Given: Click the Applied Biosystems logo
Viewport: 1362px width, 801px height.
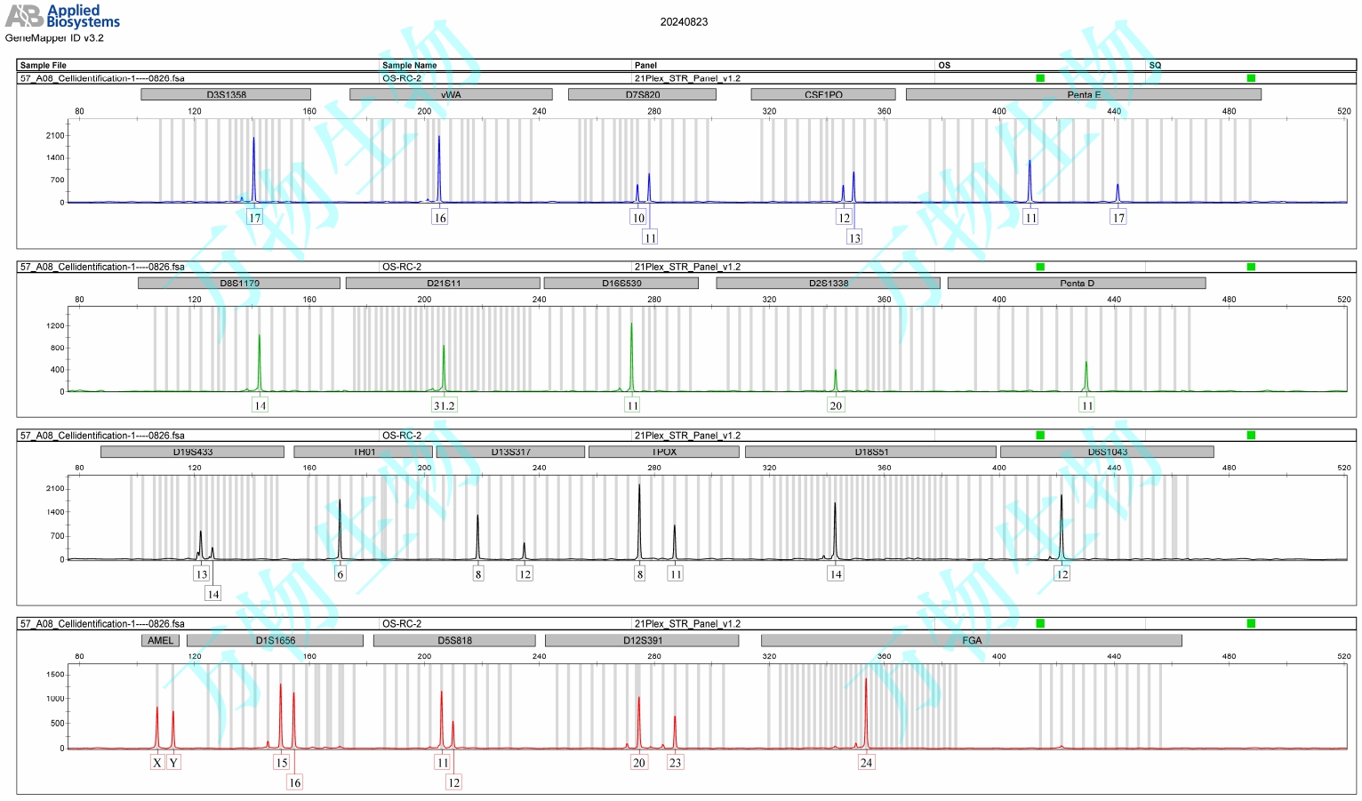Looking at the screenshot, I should pyautogui.click(x=62, y=16).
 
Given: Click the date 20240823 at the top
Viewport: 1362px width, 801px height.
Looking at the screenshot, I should pyautogui.click(x=684, y=22).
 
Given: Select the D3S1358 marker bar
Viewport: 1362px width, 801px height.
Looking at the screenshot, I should pyautogui.click(x=226, y=94).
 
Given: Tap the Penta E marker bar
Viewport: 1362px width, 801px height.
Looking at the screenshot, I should pyautogui.click(x=1083, y=94).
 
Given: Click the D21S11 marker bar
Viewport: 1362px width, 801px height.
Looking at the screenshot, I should pyautogui.click(x=443, y=283).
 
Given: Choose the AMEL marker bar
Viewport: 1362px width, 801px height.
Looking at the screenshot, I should pyautogui.click(x=160, y=640).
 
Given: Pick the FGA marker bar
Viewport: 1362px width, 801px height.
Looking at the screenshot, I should pyautogui.click(x=971, y=640).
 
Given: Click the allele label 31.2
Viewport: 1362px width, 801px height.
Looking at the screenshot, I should pyautogui.click(x=444, y=405).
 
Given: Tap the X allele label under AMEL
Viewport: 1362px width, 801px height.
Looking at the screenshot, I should pyautogui.click(x=157, y=762).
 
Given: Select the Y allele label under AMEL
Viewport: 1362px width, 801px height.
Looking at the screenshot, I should pyautogui.click(x=173, y=762).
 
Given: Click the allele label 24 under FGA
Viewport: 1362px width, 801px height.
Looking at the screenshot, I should pyautogui.click(x=866, y=762).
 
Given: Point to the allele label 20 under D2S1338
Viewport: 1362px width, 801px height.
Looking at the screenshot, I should pyautogui.click(x=836, y=405).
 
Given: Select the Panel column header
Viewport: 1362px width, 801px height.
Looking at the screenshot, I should pyautogui.click(x=645, y=65).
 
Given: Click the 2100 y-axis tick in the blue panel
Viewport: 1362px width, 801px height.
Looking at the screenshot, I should pyautogui.click(x=55, y=136).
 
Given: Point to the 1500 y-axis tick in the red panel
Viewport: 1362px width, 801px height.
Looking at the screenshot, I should pyautogui.click(x=55, y=674).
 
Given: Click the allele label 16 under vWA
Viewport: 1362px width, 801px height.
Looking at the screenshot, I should pyautogui.click(x=439, y=218).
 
